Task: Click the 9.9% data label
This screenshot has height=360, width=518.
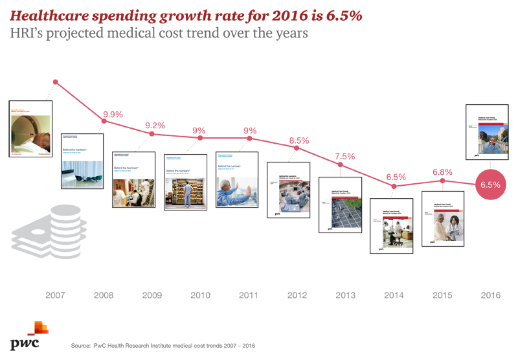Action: click(x=113, y=115)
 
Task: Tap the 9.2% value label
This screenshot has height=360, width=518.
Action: click(x=155, y=125)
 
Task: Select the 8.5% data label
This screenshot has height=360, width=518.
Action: click(x=298, y=140)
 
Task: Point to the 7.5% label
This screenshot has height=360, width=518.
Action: click(x=345, y=156)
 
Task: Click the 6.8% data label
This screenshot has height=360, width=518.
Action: click(x=442, y=172)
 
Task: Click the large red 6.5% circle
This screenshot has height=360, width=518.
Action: click(x=490, y=185)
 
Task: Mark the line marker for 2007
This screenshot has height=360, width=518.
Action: click(x=56, y=82)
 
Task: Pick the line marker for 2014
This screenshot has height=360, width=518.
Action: click(x=394, y=186)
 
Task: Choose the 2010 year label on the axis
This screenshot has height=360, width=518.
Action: click(x=200, y=295)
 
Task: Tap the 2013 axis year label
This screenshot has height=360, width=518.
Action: click(x=345, y=295)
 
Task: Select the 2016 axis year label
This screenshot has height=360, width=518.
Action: click(x=490, y=295)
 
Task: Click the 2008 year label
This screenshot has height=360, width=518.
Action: click(x=104, y=295)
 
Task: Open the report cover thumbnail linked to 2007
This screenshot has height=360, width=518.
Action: click(x=30, y=129)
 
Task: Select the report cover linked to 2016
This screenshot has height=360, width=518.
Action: click(x=487, y=132)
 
